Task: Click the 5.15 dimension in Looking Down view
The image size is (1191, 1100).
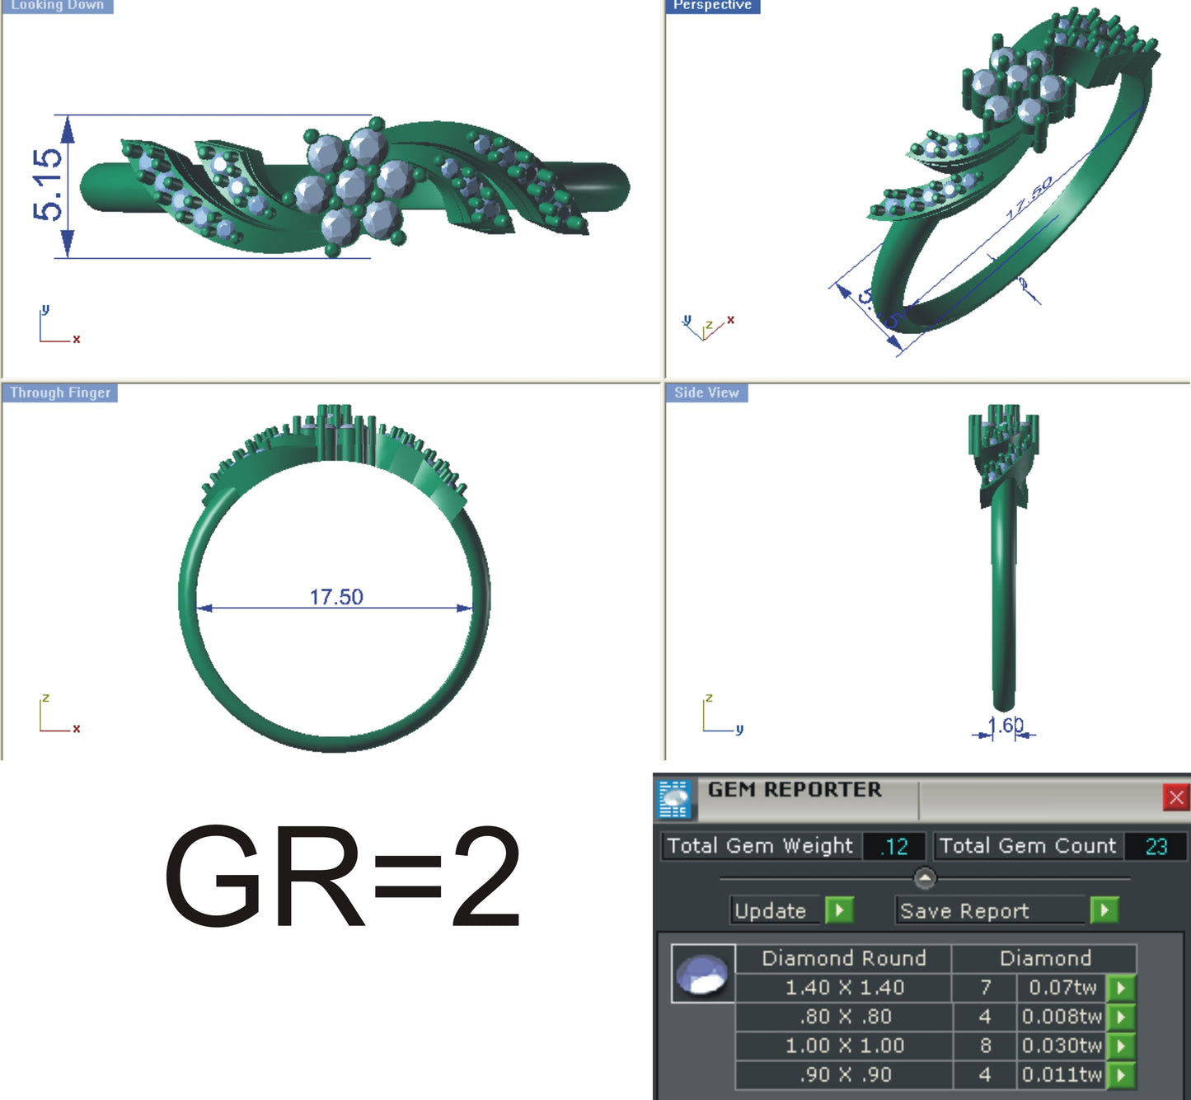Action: tap(48, 185)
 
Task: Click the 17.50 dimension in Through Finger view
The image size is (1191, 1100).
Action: tap(336, 596)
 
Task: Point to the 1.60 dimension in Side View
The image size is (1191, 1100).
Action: tap(1006, 726)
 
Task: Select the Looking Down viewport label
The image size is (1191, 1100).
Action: tap(57, 5)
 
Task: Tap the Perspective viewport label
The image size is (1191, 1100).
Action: tap(712, 5)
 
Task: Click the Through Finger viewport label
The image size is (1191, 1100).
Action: tap(60, 393)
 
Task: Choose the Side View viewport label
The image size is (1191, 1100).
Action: tap(706, 393)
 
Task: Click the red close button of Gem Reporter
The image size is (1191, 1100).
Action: tap(1175, 797)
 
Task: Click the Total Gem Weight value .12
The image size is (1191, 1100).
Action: tap(894, 847)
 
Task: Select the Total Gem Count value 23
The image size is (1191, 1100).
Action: tap(1156, 847)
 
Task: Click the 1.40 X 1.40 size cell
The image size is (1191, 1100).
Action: tap(844, 987)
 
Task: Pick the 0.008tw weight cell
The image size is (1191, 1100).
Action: tap(1062, 1017)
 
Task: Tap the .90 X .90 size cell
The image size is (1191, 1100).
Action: tap(844, 1074)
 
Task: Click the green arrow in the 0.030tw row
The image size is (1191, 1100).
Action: tap(1121, 1046)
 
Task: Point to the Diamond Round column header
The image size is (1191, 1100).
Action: tap(844, 958)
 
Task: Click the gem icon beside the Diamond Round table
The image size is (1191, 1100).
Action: tap(702, 975)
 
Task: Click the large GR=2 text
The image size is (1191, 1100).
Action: tap(342, 877)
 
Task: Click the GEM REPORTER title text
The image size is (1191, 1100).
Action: tap(795, 790)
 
